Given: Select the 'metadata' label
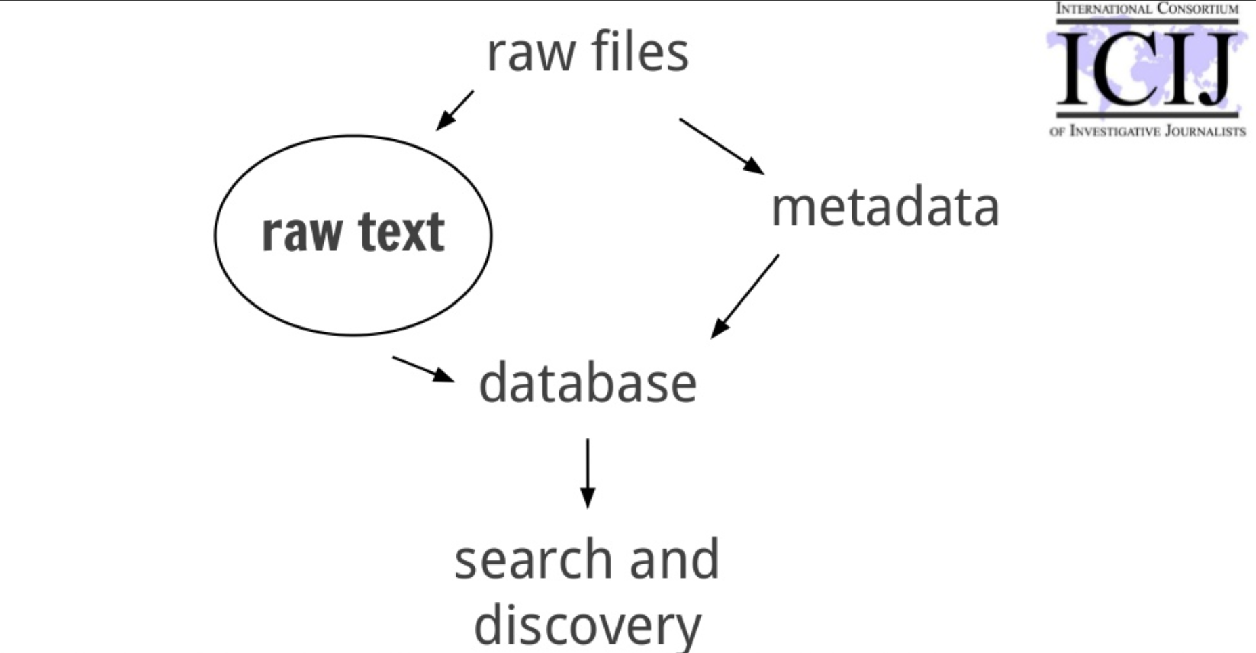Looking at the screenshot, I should coord(885,207).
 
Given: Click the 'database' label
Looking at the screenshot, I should coord(588,383).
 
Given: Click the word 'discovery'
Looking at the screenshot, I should coord(588,625).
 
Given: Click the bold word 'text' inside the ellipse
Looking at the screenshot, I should coord(401,232).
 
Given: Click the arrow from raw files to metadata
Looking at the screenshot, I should coord(721,146).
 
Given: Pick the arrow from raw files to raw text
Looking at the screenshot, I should coord(454,110).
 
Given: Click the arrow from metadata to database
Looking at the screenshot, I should coord(744,296).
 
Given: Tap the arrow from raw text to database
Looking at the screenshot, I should coord(423,369).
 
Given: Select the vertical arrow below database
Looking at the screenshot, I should coord(588,473).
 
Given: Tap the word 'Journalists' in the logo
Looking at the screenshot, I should coord(1205,131).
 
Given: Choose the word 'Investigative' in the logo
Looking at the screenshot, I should coord(1114,131).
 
